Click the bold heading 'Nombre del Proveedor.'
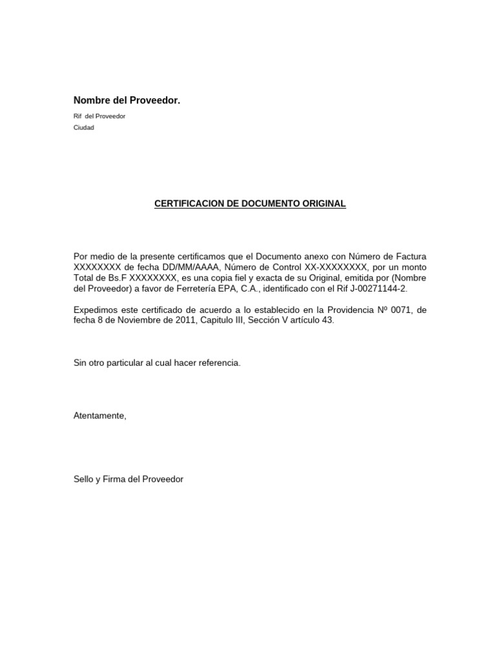point(127,100)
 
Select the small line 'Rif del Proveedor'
point(99,116)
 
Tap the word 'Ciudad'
point(84,127)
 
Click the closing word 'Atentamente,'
point(100,416)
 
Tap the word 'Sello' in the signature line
point(84,479)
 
